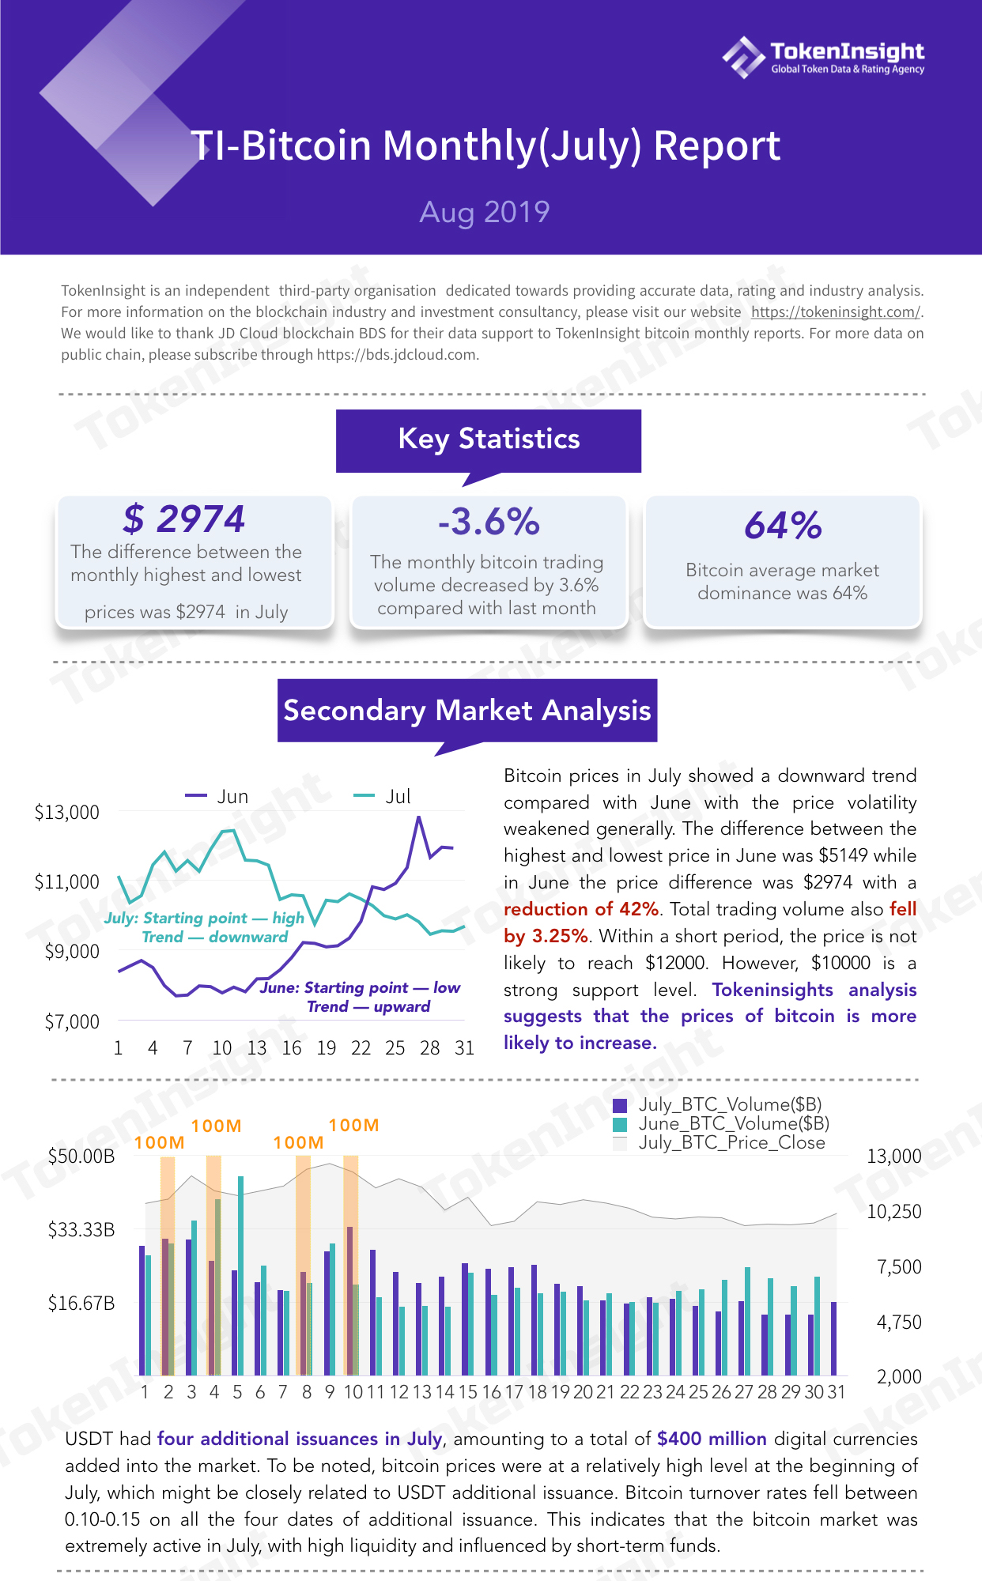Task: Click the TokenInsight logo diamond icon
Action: tap(743, 57)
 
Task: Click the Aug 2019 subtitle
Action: tap(485, 212)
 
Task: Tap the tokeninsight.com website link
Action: tap(836, 312)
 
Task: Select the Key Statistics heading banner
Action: tap(489, 440)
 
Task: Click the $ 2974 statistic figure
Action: tap(184, 519)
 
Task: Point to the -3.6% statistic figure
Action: tap(489, 522)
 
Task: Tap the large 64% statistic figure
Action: tap(783, 526)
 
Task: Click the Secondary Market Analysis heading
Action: tap(467, 711)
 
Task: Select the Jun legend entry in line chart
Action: tap(217, 796)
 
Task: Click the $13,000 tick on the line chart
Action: tap(67, 812)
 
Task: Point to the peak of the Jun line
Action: tap(418, 817)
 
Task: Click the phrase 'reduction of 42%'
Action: tap(581, 909)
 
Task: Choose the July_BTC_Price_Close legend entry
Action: tap(720, 1142)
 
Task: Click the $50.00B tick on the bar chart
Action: tap(81, 1157)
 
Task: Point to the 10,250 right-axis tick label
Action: tap(894, 1211)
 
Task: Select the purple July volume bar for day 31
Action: tap(833, 1338)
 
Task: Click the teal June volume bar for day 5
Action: tap(240, 1276)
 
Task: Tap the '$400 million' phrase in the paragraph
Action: tap(712, 1439)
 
